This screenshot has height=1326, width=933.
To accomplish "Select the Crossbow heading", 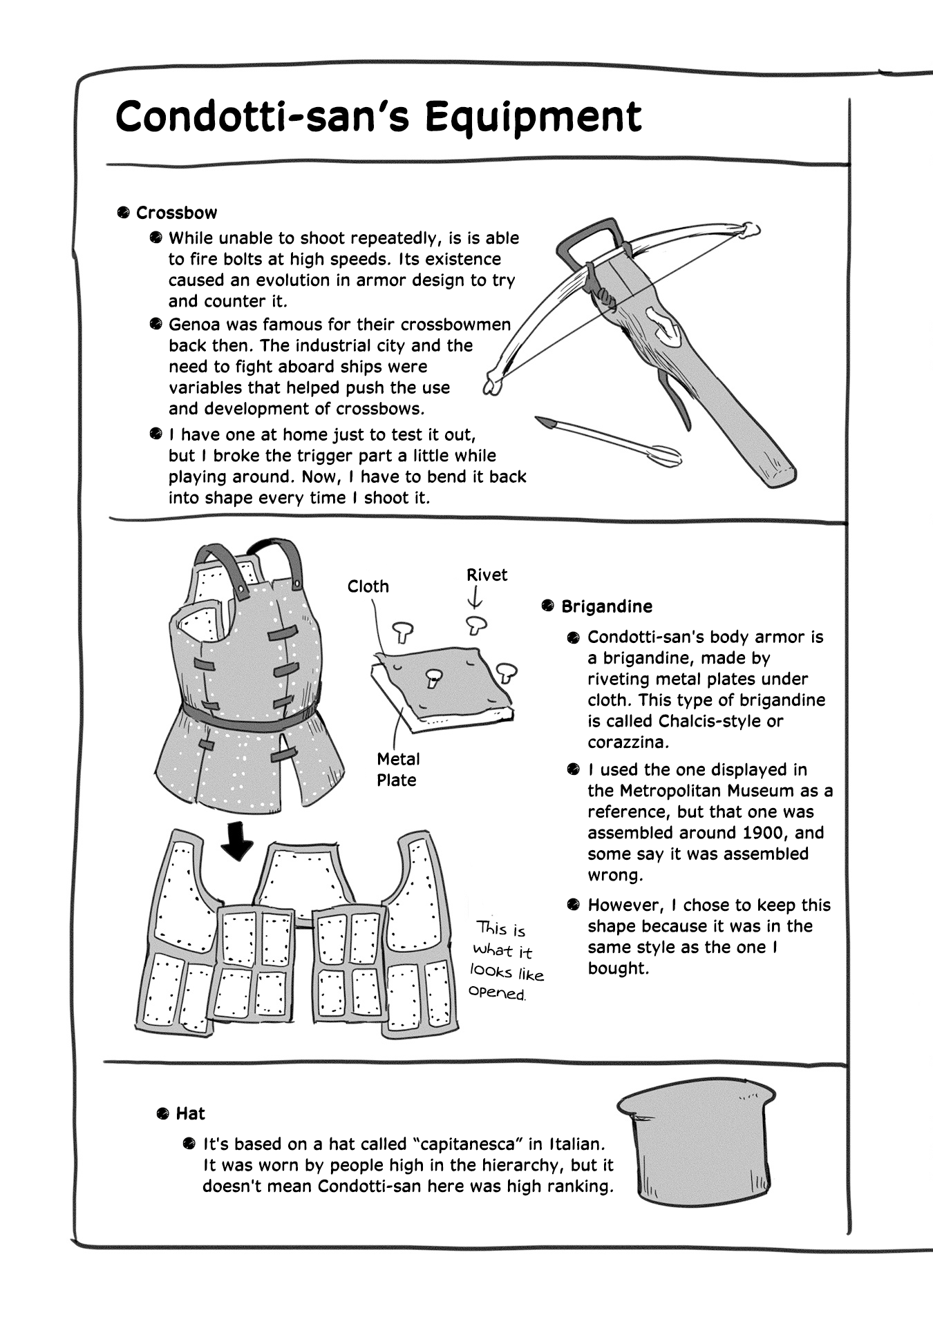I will pos(176,213).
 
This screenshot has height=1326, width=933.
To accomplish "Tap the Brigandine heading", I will pos(606,606).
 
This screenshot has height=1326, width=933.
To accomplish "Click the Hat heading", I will pos(190,1113).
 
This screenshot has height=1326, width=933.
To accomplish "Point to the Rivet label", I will pos(487,575).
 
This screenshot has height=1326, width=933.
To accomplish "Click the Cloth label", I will pos(368,586).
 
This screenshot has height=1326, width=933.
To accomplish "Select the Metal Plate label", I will pos(397,769).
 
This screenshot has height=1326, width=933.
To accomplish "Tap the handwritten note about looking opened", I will pos(507,961).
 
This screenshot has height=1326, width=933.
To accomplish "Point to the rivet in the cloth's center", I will pos(433,676).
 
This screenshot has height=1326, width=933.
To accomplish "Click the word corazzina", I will pos(619,742).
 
